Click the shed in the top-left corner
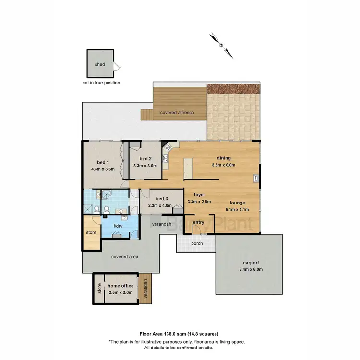click(x=100, y=64)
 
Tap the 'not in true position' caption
click(x=101, y=83)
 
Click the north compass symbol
click(x=221, y=45)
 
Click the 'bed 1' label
click(x=101, y=162)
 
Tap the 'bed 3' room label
click(x=161, y=198)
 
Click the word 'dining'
click(x=224, y=158)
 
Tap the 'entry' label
click(x=198, y=222)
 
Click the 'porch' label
click(x=197, y=243)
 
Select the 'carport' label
click(x=251, y=263)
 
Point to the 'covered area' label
click(x=125, y=257)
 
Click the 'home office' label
click(x=120, y=286)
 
